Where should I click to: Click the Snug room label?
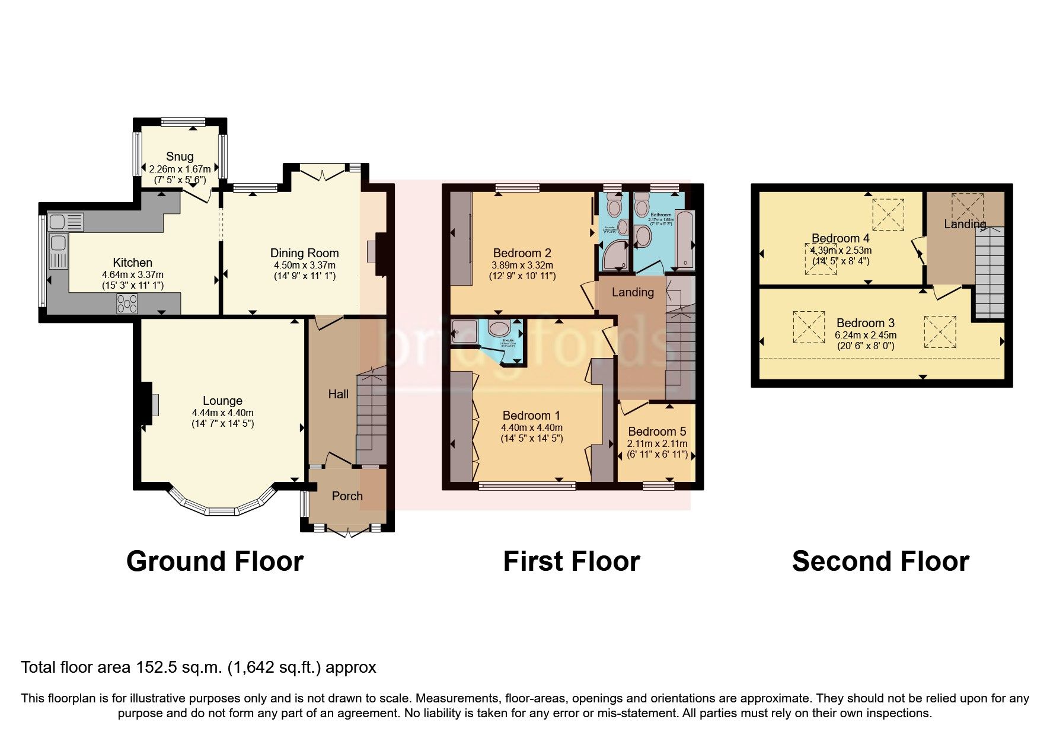click(180, 156)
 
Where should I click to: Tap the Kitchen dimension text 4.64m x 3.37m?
click(133, 275)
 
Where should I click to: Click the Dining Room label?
click(305, 253)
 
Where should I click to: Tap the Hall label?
click(339, 394)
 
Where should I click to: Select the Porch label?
click(347, 496)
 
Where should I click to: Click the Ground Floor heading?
click(215, 561)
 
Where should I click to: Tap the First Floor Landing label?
click(633, 292)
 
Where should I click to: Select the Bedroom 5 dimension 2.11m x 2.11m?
click(657, 443)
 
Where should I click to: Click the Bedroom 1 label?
click(531, 416)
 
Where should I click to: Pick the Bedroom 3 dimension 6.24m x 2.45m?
click(866, 335)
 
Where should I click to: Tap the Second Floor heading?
click(880, 561)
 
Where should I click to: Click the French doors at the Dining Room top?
click(322, 174)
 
